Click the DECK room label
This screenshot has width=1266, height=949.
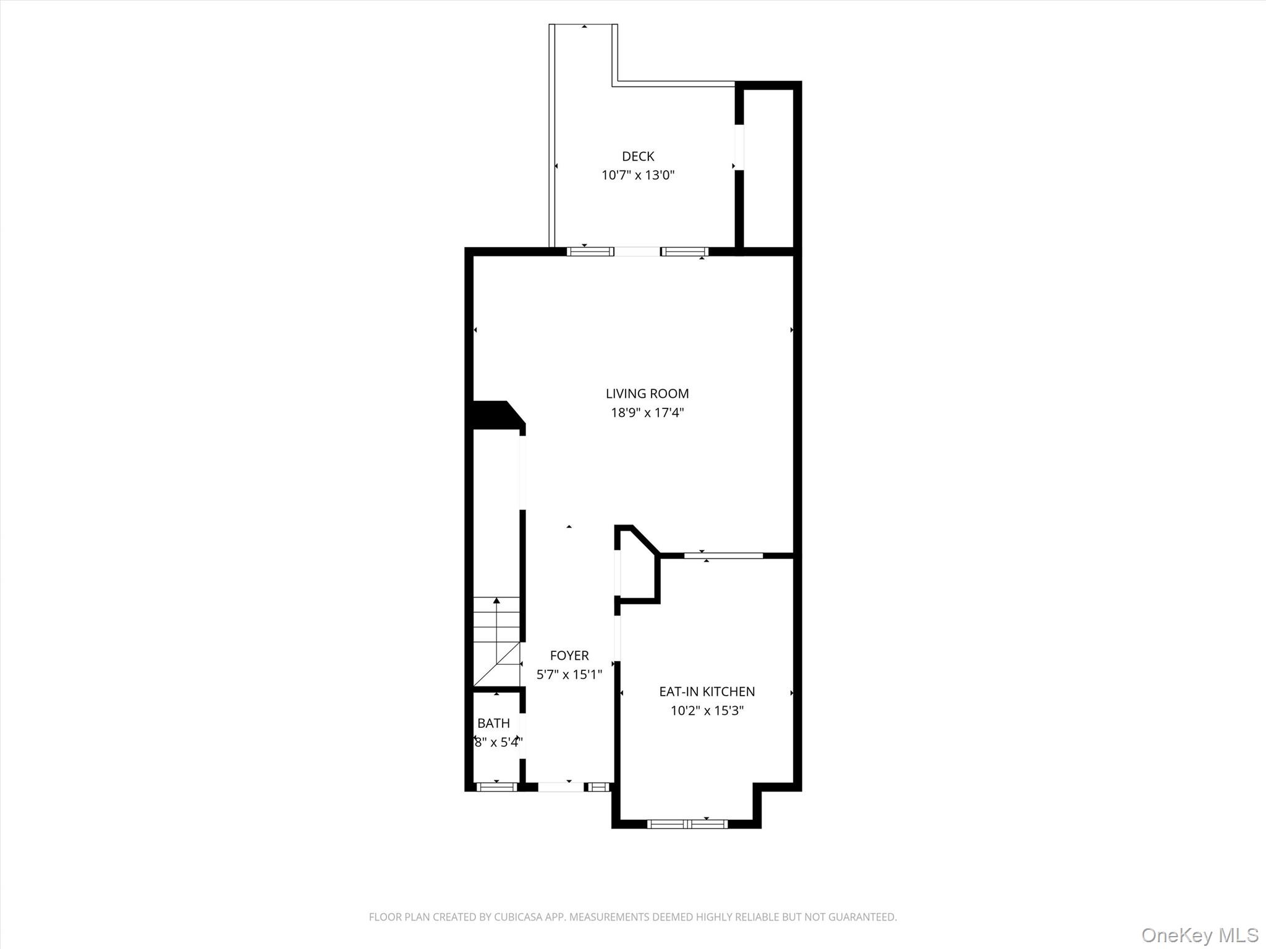[637, 156]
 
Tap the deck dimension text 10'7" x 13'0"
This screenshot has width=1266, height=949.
[637, 175]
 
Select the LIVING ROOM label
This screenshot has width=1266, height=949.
[647, 394]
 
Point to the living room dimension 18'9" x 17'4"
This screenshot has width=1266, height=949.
[647, 413]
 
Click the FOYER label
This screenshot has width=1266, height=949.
[569, 655]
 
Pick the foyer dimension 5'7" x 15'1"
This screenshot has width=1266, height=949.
[569, 674]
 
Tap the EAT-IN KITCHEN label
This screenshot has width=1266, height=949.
[707, 691]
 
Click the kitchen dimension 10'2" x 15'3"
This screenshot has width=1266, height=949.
[707, 711]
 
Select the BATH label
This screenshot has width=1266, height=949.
[493, 723]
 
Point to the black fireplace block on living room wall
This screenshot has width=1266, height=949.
[495, 414]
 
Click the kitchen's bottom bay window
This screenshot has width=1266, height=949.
[687, 823]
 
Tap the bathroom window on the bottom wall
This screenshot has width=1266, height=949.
[496, 787]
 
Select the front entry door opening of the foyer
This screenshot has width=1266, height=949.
[561, 787]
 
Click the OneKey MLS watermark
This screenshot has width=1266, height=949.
[1199, 935]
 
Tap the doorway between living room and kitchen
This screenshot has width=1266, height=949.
[723, 555]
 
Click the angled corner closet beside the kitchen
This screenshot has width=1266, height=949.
[637, 568]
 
